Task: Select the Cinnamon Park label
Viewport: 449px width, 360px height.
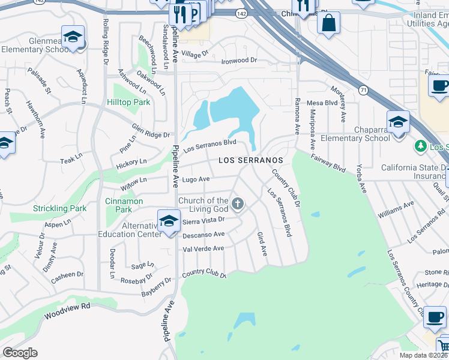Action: (123, 205)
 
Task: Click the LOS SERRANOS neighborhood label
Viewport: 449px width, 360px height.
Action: (250, 161)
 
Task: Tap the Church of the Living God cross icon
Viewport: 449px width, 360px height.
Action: (238, 205)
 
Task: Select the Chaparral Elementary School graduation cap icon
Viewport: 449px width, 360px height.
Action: (397, 122)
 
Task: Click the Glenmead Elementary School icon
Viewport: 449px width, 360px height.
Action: (73, 37)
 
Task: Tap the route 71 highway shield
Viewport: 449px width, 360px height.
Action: (364, 89)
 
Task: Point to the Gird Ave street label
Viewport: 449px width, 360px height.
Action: (262, 244)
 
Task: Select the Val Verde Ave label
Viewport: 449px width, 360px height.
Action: (203, 248)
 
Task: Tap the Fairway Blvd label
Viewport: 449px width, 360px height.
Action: (328, 163)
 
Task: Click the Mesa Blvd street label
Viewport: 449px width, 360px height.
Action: (322, 103)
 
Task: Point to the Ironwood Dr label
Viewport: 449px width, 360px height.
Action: (239, 61)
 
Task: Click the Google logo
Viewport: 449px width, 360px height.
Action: (20, 353)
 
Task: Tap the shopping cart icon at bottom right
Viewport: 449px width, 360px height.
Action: (442, 346)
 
